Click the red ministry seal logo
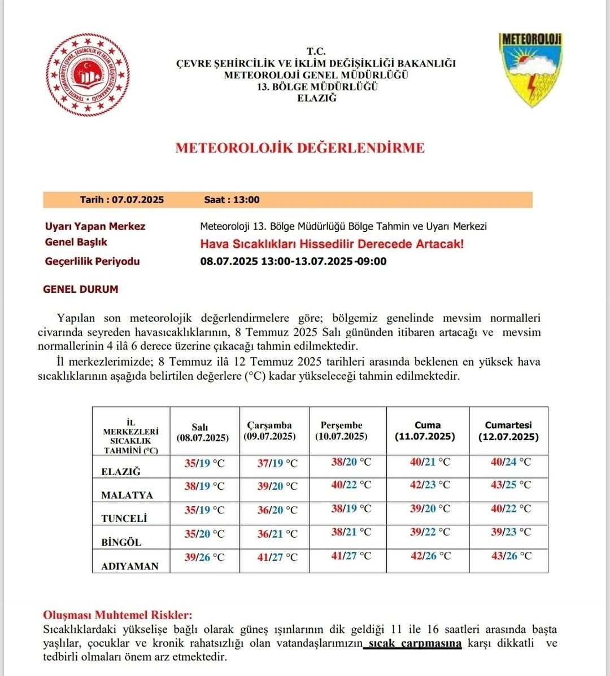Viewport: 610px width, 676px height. tap(88, 74)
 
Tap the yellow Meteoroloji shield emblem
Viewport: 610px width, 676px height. tap(530, 69)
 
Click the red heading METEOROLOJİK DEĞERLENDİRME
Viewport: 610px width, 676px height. tap(300, 148)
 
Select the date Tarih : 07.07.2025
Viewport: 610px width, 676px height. tap(122, 200)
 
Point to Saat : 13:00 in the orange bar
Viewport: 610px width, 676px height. tap(232, 200)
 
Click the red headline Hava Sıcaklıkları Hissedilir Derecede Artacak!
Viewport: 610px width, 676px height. tap(332, 244)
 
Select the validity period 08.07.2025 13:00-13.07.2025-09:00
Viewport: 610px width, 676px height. tap(293, 261)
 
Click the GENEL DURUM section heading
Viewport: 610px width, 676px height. tap(81, 289)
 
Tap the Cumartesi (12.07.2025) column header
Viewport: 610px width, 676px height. tap(508, 431)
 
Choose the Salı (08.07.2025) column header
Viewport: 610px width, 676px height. tap(202, 433)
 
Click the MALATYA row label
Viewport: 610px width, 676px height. tap(127, 495)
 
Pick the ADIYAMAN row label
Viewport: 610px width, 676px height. tap(130, 566)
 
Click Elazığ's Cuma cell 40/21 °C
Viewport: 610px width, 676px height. tap(430, 462)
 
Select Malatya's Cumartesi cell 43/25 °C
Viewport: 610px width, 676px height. tap(511, 485)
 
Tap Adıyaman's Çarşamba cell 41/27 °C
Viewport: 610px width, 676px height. tap(277, 557)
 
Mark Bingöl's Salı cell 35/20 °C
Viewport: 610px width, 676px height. tap(204, 533)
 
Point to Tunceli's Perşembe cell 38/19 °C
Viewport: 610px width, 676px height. tap(351, 508)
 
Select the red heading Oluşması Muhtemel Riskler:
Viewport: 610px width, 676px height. tap(117, 615)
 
